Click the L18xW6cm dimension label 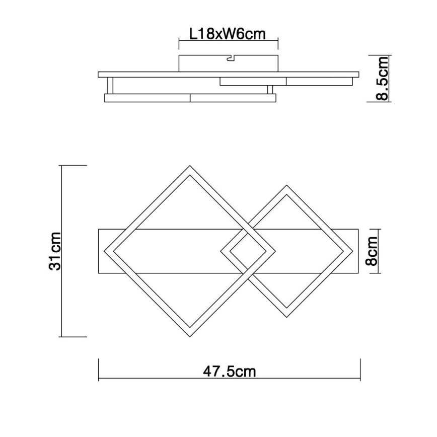[x=227, y=34]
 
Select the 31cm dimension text [x=56, y=251]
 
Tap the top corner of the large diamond [x=190, y=167]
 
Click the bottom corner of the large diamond [x=190, y=336]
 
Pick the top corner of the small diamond [x=287, y=187]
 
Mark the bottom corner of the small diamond [x=287, y=316]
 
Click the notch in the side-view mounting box [x=230, y=59]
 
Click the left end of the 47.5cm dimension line [x=99, y=370]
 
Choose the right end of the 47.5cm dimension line [x=360, y=370]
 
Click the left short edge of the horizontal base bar [x=99, y=251]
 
